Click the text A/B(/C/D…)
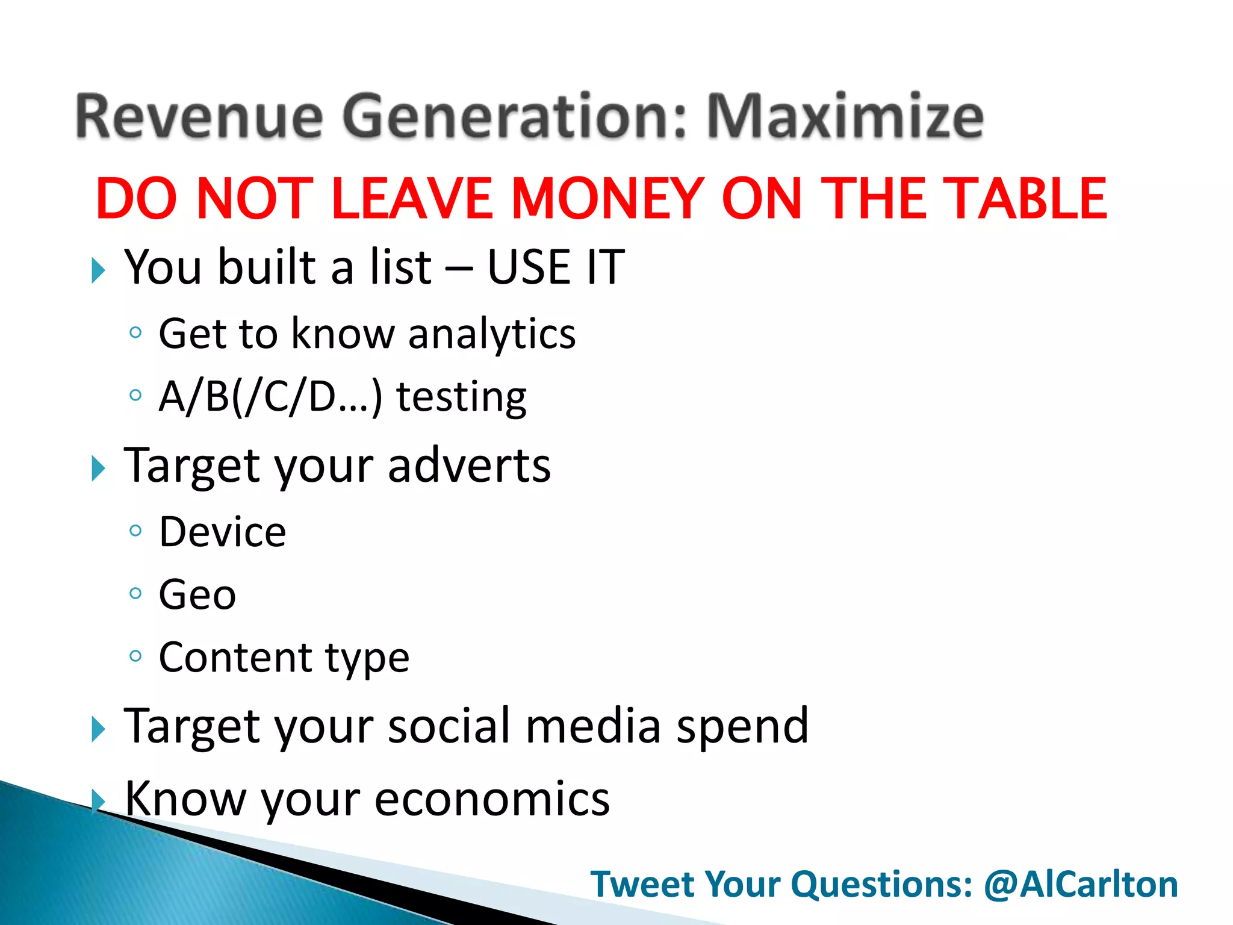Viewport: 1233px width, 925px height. [270, 397]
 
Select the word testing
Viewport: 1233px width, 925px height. [461, 397]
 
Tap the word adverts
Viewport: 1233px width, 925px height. [469, 466]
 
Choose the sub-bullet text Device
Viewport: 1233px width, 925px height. [222, 532]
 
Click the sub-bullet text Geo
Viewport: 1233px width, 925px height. [197, 595]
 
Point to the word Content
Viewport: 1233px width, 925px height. [235, 657]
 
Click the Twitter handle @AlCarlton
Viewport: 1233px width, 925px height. [1081, 884]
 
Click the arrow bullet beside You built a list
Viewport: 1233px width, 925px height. [98, 270]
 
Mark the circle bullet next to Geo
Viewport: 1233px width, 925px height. [135, 593]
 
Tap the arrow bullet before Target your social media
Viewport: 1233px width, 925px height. [98, 729]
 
